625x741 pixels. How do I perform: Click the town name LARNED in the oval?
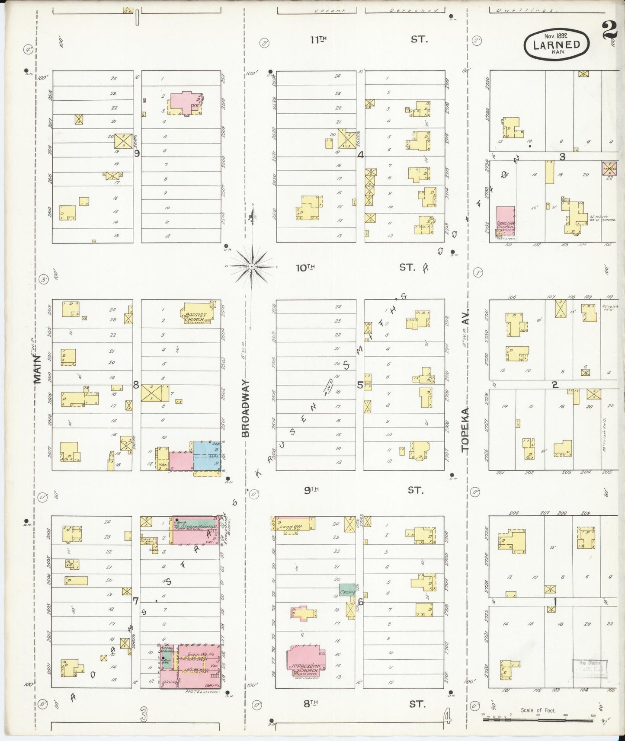(556, 45)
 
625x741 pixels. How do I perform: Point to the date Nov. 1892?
(556, 36)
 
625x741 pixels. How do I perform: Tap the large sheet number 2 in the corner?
(609, 31)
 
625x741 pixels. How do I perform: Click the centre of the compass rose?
(251, 266)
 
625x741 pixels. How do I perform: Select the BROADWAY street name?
(245, 408)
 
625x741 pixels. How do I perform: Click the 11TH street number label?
(318, 40)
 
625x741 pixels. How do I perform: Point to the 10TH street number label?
(305, 268)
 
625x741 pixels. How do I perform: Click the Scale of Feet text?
(538, 710)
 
